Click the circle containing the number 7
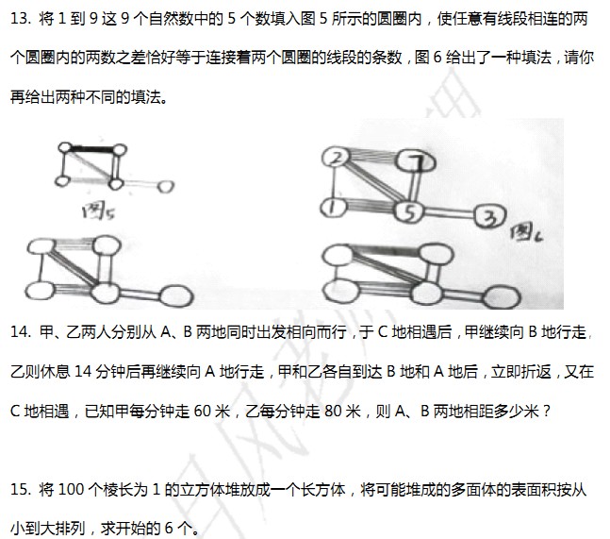pos(415,160)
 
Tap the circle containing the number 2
pos(337,158)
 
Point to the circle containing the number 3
pos(490,216)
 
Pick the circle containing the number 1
pos(334,208)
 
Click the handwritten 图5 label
pos(98,211)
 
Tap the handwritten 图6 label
pos(526,233)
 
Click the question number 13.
pos(20,18)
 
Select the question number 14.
pos(20,332)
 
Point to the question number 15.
pos(20,490)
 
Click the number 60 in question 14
pos(203,411)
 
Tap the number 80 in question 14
pos(333,411)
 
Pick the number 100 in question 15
pos(71,490)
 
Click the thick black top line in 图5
pos(92,149)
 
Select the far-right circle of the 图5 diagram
pos(166,187)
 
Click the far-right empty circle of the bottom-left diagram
pos(176,295)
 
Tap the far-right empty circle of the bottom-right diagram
pos(501,297)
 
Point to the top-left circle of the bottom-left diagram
pos(41,247)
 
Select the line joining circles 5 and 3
pos(450,213)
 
